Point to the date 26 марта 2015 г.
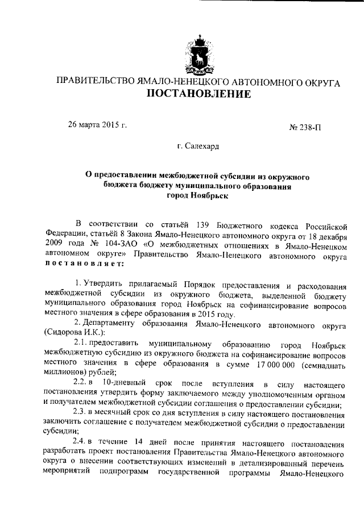coord(97,124)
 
